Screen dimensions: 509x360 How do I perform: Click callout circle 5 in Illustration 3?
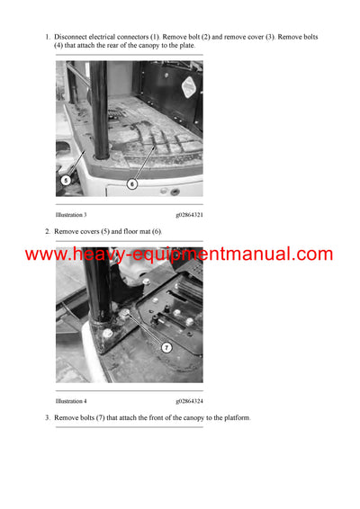pyautogui.click(x=66, y=179)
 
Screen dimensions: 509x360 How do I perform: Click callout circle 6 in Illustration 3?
pyautogui.click(x=131, y=183)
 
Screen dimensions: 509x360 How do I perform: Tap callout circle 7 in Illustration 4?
pyautogui.click(x=166, y=347)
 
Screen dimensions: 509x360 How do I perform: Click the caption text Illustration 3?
pyautogui.click(x=71, y=215)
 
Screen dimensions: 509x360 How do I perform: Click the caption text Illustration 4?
pyautogui.click(x=71, y=400)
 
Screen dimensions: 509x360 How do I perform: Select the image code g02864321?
pyautogui.click(x=189, y=215)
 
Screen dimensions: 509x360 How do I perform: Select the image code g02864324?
pyautogui.click(x=189, y=400)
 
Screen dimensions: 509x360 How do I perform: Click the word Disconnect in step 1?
pyautogui.click(x=75, y=37)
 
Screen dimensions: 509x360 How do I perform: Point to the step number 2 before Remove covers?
pyautogui.click(x=47, y=231)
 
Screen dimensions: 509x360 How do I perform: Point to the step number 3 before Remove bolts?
pyautogui.click(x=47, y=417)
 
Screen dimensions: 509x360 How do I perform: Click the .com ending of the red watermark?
pyautogui.click(x=311, y=254)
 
